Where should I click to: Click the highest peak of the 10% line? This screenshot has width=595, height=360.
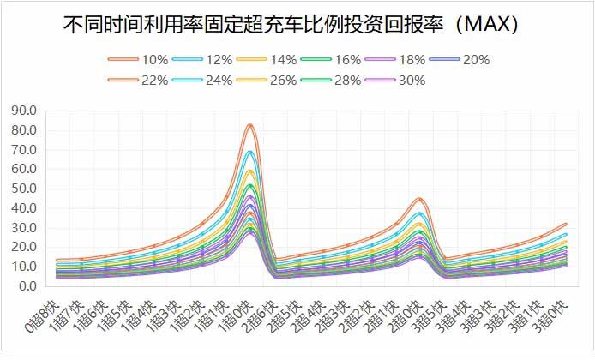click(x=249, y=125)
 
